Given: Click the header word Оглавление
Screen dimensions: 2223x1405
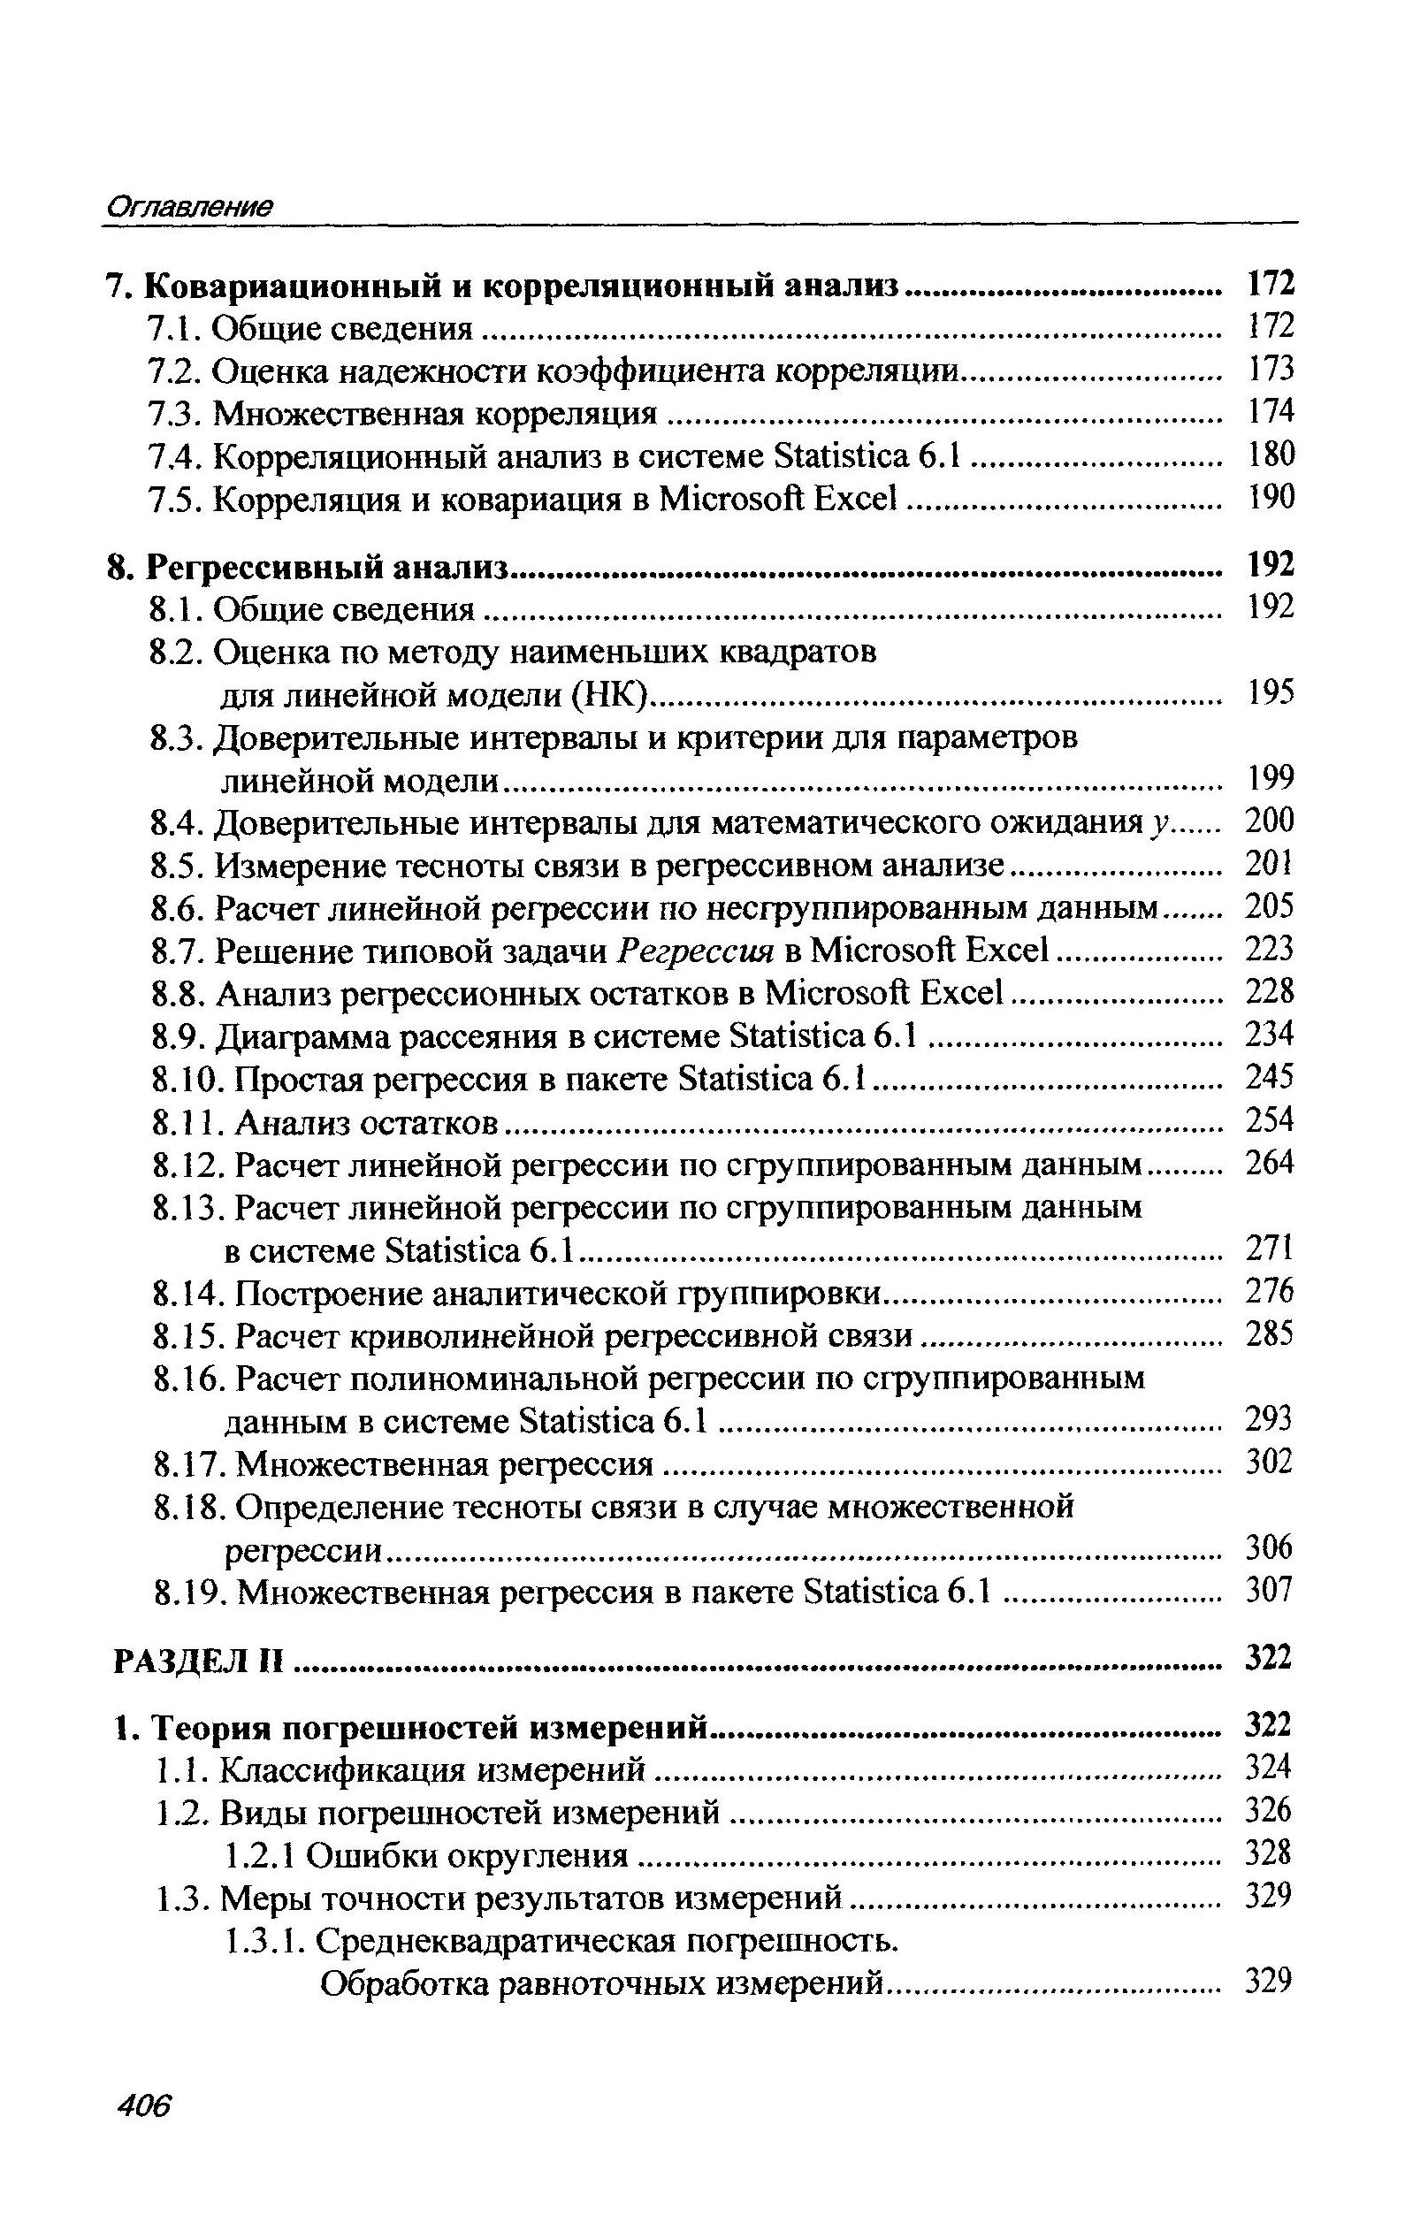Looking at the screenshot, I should click(188, 206).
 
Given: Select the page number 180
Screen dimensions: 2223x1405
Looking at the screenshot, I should click(1271, 455).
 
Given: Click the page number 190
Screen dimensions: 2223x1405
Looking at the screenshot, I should click(1271, 498).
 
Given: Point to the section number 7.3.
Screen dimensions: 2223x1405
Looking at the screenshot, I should click(175, 413).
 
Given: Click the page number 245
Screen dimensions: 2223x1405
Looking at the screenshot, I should click(1270, 1077).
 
